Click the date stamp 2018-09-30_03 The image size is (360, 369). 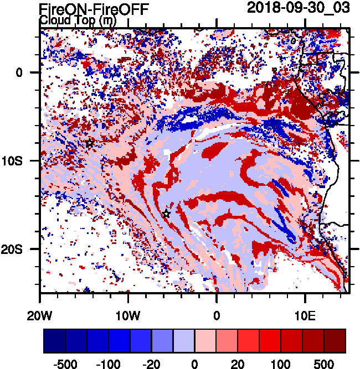[x=300, y=7]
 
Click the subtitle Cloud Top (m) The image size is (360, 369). [x=78, y=20]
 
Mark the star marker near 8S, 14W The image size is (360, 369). [x=90, y=143]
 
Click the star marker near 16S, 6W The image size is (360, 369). [x=166, y=214]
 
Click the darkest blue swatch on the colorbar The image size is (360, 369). [x=54, y=340]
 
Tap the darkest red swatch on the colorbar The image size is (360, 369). [x=335, y=340]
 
